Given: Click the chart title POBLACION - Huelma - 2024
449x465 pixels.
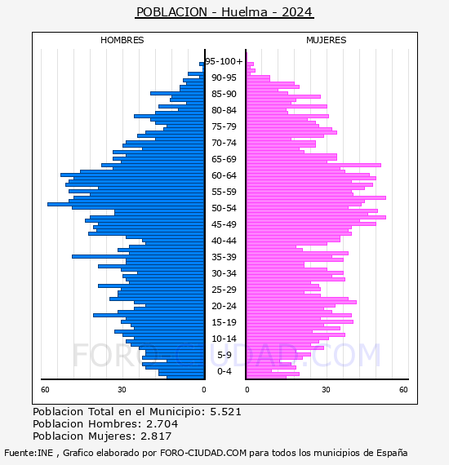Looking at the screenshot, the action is (224, 12).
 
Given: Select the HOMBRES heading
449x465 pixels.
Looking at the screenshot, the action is (122, 40).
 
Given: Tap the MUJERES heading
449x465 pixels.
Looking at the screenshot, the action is (327, 40).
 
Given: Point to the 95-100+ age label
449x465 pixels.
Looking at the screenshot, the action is (224, 61).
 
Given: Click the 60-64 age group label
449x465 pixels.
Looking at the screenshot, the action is (224, 175).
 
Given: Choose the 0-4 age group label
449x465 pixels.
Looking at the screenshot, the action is (224, 371).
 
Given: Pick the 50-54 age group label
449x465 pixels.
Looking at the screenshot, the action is (224, 208).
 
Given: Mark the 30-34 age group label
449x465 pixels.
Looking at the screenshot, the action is (224, 273).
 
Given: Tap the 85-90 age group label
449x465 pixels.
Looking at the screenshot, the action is (224, 94).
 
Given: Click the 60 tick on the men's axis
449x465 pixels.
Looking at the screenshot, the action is (45, 389).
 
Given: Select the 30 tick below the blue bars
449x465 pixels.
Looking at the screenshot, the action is (122, 389).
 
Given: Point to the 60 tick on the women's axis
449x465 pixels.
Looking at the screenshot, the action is (403, 389).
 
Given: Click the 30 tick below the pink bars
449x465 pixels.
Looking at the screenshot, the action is (326, 389).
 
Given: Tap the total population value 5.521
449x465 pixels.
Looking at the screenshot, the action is (225, 412).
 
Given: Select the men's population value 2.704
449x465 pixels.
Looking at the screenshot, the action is (162, 423).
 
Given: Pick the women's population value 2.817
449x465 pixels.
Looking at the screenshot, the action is (156, 436).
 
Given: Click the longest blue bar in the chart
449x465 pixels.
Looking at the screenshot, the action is (126, 204).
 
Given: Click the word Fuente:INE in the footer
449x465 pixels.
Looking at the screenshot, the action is (29, 453).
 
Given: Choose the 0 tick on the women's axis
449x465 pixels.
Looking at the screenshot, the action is (247, 389).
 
